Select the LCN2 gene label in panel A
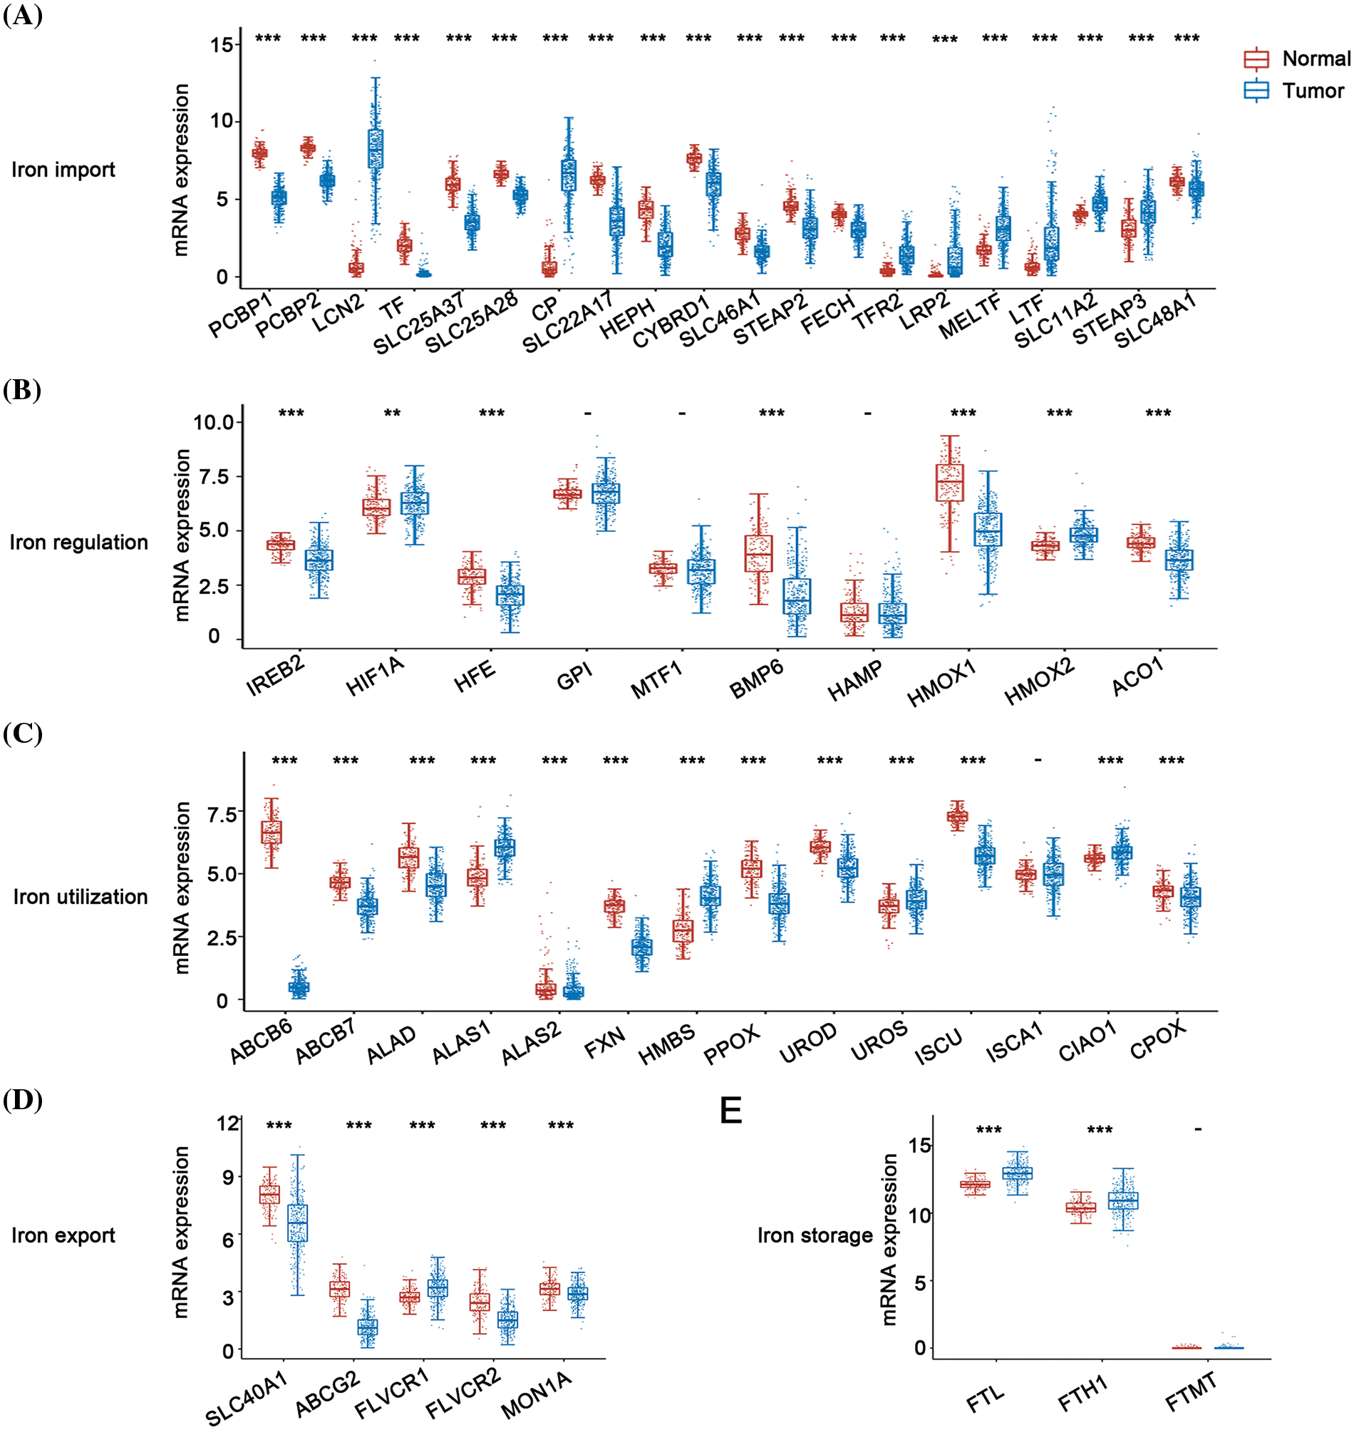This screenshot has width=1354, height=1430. coord(338,314)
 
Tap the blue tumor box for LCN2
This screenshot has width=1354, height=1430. coord(376,149)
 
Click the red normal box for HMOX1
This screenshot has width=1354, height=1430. coord(949,483)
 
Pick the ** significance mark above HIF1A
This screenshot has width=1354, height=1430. coord(392,413)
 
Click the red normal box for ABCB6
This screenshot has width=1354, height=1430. coord(272,833)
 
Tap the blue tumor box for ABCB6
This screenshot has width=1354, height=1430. coord(299,987)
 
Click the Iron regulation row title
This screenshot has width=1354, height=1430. coord(78,542)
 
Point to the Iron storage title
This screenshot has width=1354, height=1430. coord(815,1235)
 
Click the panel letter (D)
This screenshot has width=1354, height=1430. coord(22,1099)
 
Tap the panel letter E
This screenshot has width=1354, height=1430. coord(730,1109)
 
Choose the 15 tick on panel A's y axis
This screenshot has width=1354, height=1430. coord(222,45)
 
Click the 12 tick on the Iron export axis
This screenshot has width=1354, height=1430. coord(227,1123)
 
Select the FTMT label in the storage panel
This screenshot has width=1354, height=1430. coord(1191,1392)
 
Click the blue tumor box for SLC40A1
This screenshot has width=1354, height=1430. coord(297,1223)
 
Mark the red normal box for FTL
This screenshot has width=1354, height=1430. coord(975,1185)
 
